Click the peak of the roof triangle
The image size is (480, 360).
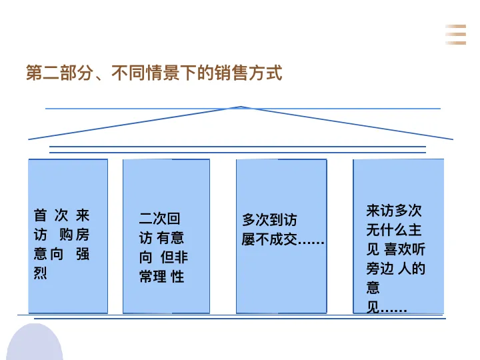241,107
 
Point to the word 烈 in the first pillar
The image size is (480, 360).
41,273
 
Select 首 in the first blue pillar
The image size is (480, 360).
41,215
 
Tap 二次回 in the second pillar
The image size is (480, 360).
160,219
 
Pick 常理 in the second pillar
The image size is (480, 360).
153,277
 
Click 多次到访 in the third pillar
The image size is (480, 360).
269,220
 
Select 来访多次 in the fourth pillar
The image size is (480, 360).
394,211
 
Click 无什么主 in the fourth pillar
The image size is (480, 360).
394,231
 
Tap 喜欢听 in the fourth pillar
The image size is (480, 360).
405,250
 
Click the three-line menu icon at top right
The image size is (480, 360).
456,34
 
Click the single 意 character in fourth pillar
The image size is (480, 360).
373,289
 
